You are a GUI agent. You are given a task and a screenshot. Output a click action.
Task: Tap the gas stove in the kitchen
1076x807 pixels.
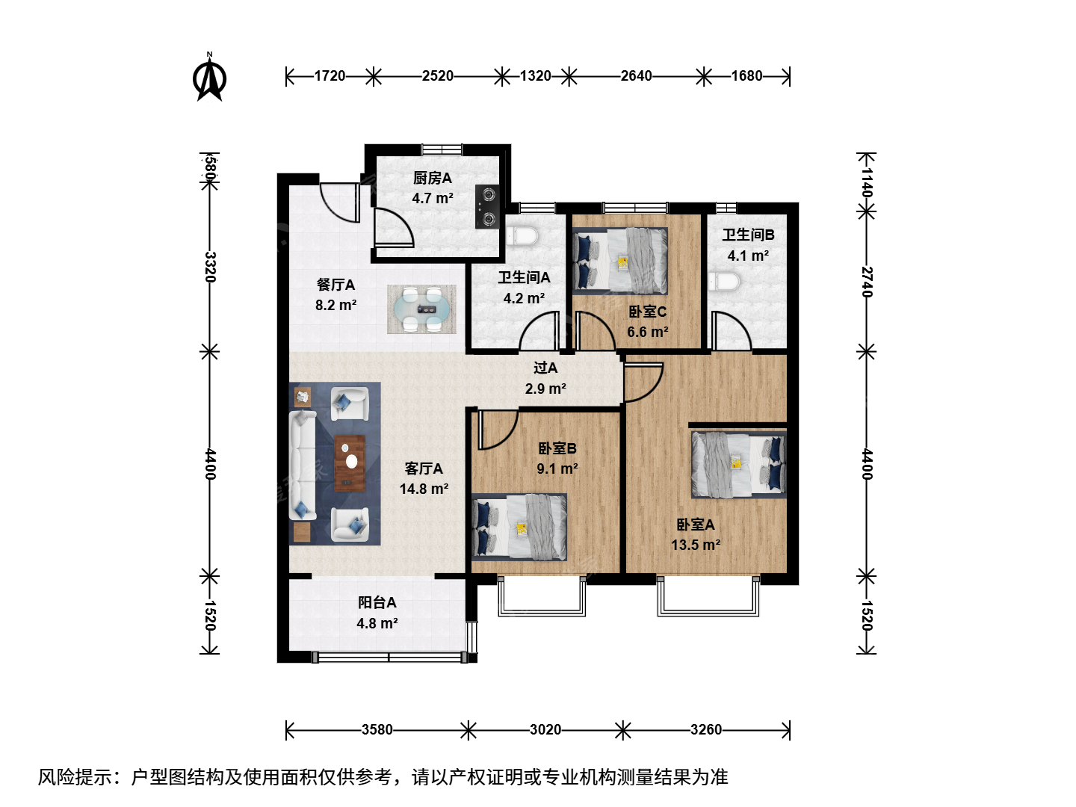(487, 207)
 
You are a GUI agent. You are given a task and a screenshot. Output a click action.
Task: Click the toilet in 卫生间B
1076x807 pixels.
(724, 282)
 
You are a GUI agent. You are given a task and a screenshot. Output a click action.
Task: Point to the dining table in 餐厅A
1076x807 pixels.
(421, 309)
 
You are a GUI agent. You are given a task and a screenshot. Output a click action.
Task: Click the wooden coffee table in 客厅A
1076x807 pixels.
(350, 463)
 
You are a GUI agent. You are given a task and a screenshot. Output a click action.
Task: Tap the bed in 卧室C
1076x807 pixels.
(620, 262)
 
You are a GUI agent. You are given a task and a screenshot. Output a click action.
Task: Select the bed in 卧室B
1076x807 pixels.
(519, 527)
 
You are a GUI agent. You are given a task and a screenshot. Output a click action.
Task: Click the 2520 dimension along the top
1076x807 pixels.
(437, 76)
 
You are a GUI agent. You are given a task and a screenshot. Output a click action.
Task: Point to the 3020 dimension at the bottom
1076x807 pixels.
(545, 730)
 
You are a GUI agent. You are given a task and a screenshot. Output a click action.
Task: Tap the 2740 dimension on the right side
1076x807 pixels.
(867, 282)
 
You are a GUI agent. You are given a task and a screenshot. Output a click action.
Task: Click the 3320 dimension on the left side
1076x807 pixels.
(210, 267)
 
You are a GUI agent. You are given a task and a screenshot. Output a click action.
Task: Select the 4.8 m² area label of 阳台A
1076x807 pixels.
(377, 623)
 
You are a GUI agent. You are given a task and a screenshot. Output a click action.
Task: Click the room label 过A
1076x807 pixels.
(545, 368)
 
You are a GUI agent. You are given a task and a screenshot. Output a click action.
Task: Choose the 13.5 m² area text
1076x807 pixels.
(696, 545)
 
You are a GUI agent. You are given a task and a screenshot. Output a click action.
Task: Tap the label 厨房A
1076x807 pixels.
(432, 178)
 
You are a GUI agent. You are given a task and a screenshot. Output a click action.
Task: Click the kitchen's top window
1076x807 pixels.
(442, 149)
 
